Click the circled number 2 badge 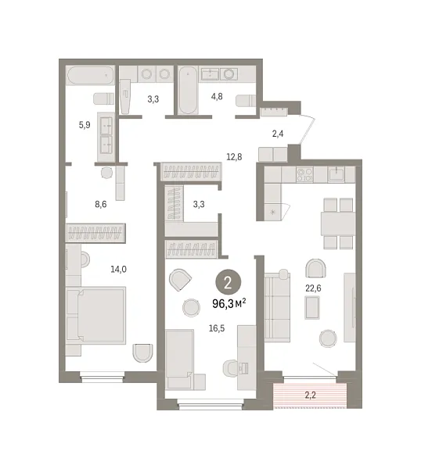[228, 282]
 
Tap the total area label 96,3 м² [229, 303]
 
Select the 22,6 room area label [313, 288]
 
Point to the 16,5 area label [217, 328]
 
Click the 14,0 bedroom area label [119, 269]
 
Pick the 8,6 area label [101, 204]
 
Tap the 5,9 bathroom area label [85, 125]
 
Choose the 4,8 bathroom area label [217, 96]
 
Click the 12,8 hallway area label [234, 157]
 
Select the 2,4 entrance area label [278, 134]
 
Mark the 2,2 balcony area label [310, 395]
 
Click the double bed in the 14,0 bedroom [95, 315]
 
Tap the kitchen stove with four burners [304, 174]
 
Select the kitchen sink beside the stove [336, 174]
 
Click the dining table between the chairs [338, 224]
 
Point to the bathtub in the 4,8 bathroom [188, 90]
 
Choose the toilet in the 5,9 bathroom [103, 98]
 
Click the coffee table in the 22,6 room [312, 307]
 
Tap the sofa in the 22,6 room [278, 307]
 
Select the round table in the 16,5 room [191, 308]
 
